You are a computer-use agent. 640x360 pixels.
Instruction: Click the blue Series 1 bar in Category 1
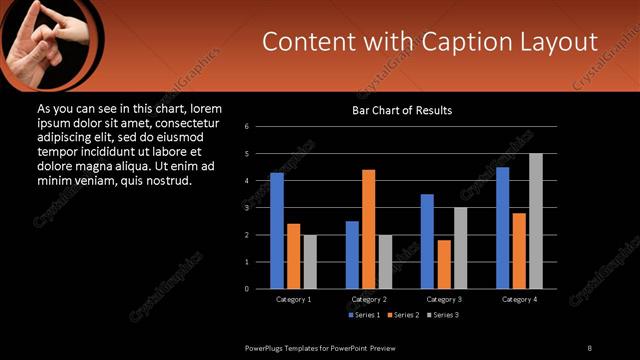(x=277, y=231)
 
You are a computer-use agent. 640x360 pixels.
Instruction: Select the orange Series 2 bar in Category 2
(x=369, y=229)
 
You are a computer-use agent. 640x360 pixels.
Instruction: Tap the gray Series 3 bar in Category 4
(x=536, y=221)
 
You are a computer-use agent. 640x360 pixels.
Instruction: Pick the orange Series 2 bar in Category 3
(x=444, y=264)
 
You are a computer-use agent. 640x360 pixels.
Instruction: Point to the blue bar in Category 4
(x=503, y=228)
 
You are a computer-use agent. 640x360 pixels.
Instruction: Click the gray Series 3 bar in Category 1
(x=310, y=262)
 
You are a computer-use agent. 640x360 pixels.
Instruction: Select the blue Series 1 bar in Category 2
(x=352, y=255)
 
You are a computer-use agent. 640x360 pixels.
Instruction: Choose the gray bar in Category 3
(x=461, y=248)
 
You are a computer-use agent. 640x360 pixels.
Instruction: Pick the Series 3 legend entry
(x=441, y=315)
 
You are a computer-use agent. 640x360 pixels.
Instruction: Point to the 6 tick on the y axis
(x=260, y=127)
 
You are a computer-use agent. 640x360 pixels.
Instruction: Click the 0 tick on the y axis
(x=260, y=289)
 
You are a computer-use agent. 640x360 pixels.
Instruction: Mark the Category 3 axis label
(x=444, y=299)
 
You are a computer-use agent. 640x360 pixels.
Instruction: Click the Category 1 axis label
(x=294, y=299)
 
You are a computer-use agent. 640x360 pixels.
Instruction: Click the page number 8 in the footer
(x=589, y=347)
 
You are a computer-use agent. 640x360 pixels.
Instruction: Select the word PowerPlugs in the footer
(x=267, y=347)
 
